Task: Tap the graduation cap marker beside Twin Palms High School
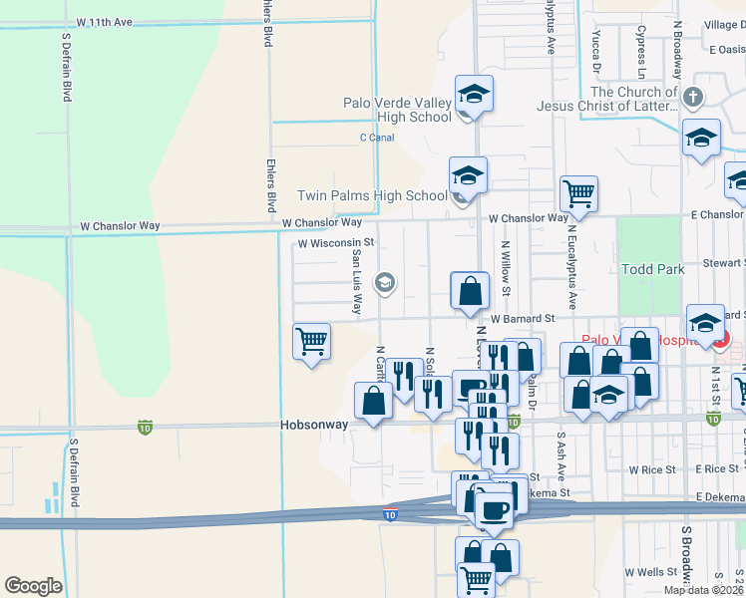click(468, 175)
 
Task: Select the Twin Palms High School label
click(373, 196)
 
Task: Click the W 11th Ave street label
click(118, 21)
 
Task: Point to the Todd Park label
click(652, 269)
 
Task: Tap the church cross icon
click(693, 98)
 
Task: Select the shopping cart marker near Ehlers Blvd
click(312, 341)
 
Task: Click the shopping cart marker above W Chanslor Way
click(578, 192)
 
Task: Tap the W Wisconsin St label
click(335, 242)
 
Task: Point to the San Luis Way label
click(356, 281)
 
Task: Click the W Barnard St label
click(522, 319)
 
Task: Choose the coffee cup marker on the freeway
click(494, 509)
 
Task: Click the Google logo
click(33, 586)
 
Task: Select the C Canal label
click(377, 138)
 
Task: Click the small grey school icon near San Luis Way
click(384, 284)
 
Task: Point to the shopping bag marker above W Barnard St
click(470, 291)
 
